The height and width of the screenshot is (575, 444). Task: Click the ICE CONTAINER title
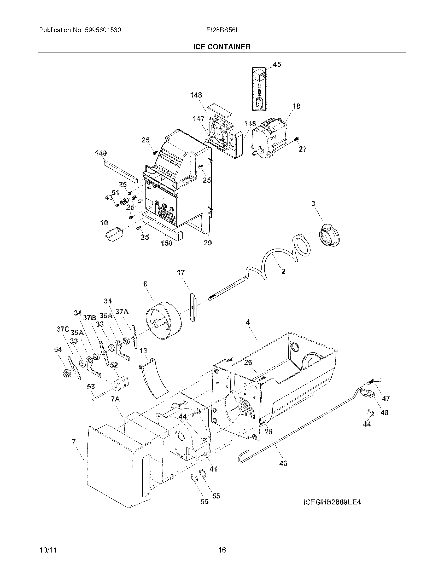tap(222, 47)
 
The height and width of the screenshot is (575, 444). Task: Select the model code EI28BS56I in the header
tap(222, 30)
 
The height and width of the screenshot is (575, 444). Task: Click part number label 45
tap(277, 64)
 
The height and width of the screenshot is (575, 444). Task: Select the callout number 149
tap(101, 153)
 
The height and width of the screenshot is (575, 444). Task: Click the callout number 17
tap(181, 273)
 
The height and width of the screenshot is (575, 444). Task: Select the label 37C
tap(63, 329)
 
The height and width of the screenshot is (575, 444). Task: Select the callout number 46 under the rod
tap(283, 463)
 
